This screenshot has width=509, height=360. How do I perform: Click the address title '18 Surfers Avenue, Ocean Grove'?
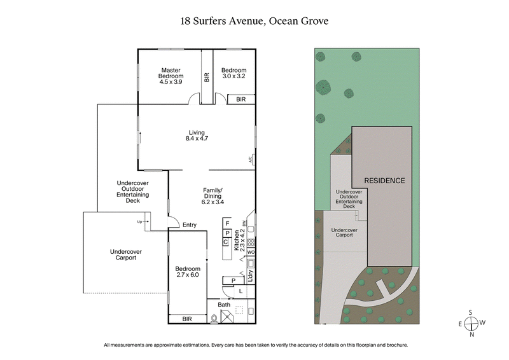(x=254, y=20)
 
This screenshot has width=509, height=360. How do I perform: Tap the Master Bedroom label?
(x=171, y=76)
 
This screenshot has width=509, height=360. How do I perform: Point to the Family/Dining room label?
(x=212, y=195)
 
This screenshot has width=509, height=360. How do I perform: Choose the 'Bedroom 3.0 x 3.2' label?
(x=233, y=73)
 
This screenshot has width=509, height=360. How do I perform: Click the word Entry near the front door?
(x=189, y=225)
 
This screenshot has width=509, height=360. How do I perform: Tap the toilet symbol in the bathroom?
(x=214, y=319)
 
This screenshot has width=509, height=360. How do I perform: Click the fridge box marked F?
(x=227, y=224)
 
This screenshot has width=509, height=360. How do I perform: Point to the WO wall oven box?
(x=251, y=253)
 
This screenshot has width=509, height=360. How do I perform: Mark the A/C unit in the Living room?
(x=251, y=160)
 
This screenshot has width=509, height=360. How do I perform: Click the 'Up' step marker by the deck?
(x=140, y=222)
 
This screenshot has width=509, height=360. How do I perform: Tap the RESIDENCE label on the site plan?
(x=384, y=181)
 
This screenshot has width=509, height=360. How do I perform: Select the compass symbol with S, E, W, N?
(x=471, y=322)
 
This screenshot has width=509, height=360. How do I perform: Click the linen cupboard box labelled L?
(x=240, y=291)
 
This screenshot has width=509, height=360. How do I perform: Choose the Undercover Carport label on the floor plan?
(x=129, y=254)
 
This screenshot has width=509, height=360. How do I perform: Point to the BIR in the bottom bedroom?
(x=187, y=319)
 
